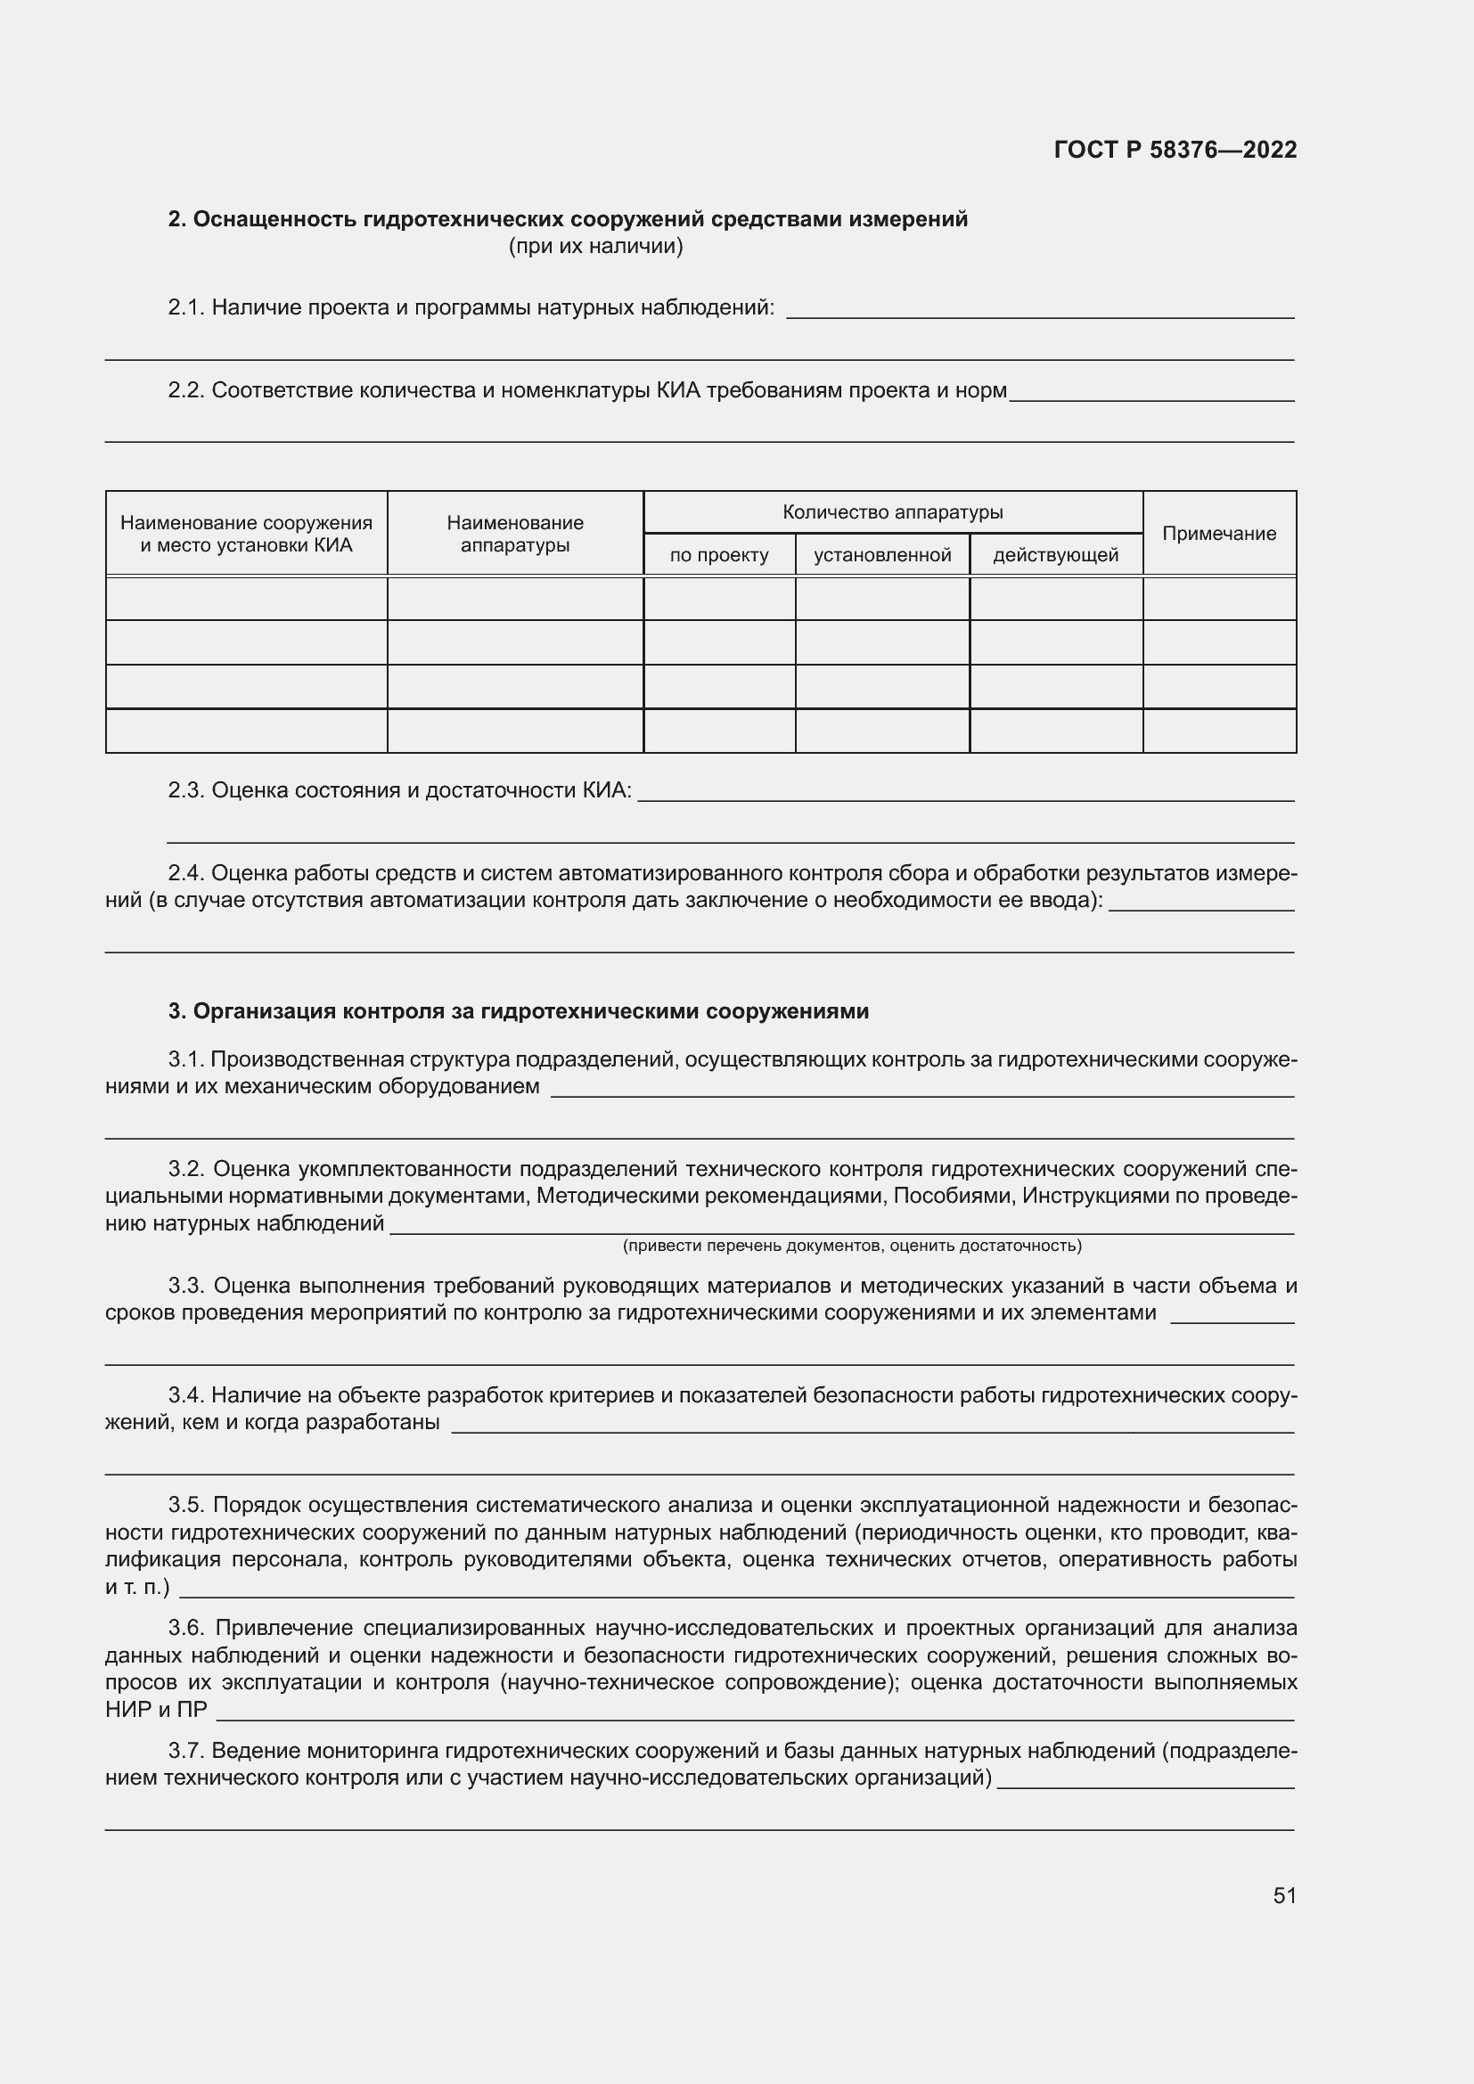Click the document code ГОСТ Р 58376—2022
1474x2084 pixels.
click(1175, 150)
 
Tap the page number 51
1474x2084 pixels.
click(1283, 1895)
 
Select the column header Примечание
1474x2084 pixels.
click(1218, 534)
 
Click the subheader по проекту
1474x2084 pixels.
click(719, 555)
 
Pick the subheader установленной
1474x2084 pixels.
click(881, 555)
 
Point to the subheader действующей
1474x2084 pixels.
click(1054, 555)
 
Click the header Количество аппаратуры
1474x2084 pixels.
click(892, 512)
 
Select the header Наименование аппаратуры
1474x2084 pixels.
click(514, 534)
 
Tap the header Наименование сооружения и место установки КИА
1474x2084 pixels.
click(246, 534)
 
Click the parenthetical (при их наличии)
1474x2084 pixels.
click(595, 246)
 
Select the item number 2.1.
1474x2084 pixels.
click(185, 307)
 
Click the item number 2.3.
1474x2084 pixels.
click(185, 790)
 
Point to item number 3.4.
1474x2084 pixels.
click(185, 1395)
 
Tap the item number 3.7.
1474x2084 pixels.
click(185, 1750)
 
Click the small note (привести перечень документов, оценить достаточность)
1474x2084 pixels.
click(851, 1246)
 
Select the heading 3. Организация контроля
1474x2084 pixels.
click(519, 1011)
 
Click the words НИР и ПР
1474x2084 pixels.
click(155, 1709)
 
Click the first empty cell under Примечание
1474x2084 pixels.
click(1218, 598)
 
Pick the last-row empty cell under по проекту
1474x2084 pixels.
click(719, 731)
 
